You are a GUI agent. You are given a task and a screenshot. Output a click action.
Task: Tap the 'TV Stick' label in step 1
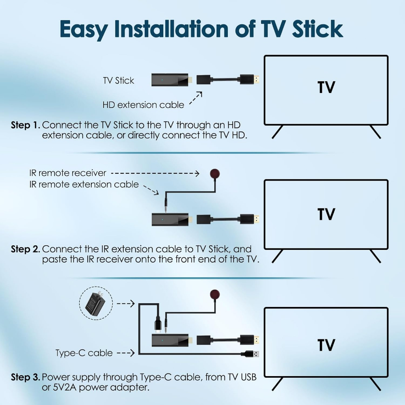pyautogui.click(x=119, y=81)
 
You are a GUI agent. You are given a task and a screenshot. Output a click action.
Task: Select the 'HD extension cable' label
pyautogui.click(x=143, y=105)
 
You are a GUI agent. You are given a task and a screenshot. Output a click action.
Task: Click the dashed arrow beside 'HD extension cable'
pyautogui.click(x=195, y=98)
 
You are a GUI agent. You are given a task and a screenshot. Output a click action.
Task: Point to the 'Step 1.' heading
pyautogui.click(x=26, y=125)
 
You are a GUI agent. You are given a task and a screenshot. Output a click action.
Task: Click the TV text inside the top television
pyautogui.click(x=326, y=87)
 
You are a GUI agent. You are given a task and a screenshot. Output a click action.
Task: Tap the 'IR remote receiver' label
pyautogui.click(x=68, y=173)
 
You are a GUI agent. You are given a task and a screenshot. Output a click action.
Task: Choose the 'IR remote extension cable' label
pyautogui.click(x=84, y=184)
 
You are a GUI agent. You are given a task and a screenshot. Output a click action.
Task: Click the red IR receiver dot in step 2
pyautogui.click(x=215, y=174)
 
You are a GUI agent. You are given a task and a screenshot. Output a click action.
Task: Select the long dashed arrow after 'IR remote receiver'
pyautogui.click(x=155, y=173)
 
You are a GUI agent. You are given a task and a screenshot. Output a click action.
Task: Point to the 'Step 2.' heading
pyautogui.click(x=26, y=249)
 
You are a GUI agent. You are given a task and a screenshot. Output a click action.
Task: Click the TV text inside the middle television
pyautogui.click(x=326, y=214)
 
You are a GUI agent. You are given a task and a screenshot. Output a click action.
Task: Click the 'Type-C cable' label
pyautogui.click(x=84, y=353)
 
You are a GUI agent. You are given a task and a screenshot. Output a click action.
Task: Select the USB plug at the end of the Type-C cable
pyautogui.click(x=250, y=354)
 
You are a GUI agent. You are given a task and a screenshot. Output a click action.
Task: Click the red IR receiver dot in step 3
pyautogui.click(x=215, y=295)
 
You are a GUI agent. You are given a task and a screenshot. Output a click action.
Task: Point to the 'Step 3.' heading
pyautogui.click(x=26, y=377)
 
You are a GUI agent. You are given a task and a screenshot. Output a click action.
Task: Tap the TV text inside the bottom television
pyautogui.click(x=326, y=345)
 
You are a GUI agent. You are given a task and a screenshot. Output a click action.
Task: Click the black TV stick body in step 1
pyautogui.click(x=170, y=80)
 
